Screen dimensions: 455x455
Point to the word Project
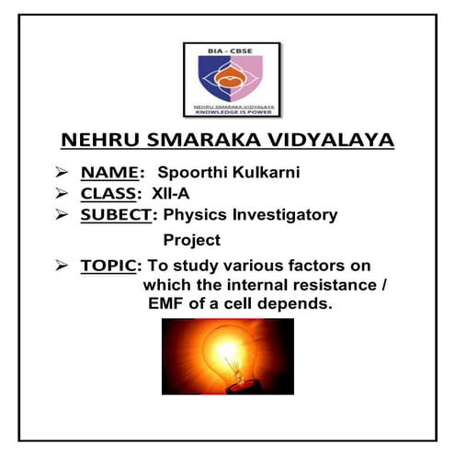coord(192,240)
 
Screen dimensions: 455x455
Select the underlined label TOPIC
coord(108,266)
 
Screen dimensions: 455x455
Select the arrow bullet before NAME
coord(63,172)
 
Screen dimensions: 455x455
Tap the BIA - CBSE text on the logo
coord(230,54)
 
